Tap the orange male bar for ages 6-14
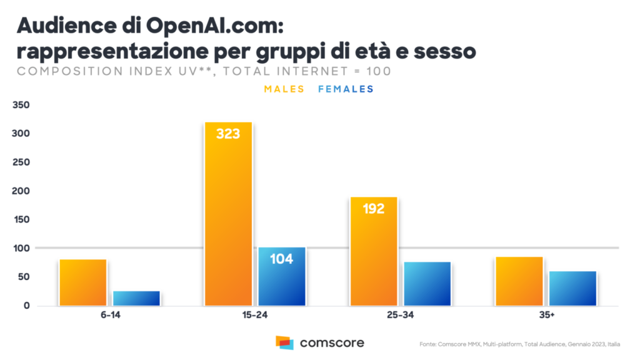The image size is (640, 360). [x=83, y=282]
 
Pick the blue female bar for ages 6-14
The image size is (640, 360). [x=136, y=298]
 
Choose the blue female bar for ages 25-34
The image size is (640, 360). [x=427, y=284]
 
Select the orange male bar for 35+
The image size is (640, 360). [x=519, y=281]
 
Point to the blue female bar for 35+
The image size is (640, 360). [x=572, y=288]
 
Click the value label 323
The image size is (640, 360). [x=228, y=134]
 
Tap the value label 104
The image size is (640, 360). [x=282, y=259]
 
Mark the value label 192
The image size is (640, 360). [x=374, y=209]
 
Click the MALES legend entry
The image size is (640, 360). [x=284, y=89]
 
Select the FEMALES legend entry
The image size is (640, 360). [x=346, y=89]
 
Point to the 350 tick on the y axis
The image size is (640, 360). [x=21, y=105]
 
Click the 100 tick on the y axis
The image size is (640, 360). [x=21, y=248]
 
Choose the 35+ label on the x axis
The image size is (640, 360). [x=546, y=316]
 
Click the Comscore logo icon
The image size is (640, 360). [x=284, y=342]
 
